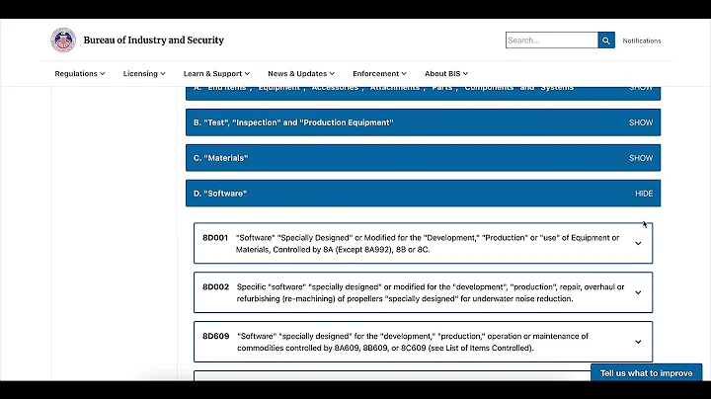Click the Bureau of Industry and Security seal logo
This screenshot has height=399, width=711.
point(63,40)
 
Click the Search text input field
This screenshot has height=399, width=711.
point(551,40)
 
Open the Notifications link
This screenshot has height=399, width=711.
point(641,40)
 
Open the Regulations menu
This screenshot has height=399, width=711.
point(80,73)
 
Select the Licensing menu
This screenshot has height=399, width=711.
point(144,73)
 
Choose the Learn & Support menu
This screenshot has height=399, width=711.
point(216,73)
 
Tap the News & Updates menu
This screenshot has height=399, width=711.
point(301,73)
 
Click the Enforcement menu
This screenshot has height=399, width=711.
point(380,73)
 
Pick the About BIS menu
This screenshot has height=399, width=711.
point(446,73)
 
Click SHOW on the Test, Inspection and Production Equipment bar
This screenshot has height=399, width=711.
point(641,122)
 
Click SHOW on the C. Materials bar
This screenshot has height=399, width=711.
point(641,158)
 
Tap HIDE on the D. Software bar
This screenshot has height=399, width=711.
point(644,194)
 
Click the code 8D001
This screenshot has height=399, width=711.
point(215,237)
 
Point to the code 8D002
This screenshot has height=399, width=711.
point(215,286)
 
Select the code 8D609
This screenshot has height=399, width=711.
point(215,336)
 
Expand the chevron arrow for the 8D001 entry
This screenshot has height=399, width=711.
point(638,243)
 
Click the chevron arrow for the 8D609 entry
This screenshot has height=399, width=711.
point(638,342)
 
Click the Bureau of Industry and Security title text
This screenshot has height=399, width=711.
point(154,40)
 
